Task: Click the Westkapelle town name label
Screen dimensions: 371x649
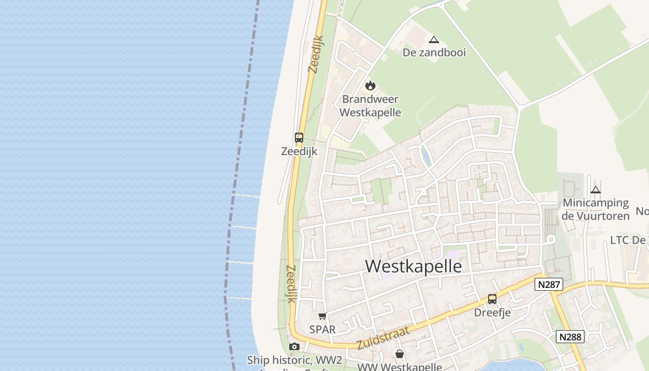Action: click(x=414, y=266)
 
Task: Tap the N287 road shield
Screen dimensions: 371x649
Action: click(x=549, y=284)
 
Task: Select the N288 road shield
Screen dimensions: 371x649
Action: click(x=570, y=337)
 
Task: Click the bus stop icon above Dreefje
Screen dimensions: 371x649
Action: click(x=492, y=299)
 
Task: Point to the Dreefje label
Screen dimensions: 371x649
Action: click(x=492, y=313)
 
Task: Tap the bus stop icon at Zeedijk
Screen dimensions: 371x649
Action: click(x=299, y=138)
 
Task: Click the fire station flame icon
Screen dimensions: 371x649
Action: click(x=370, y=85)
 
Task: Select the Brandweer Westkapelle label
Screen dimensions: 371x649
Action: click(x=370, y=106)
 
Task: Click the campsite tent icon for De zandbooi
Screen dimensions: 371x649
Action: click(x=433, y=40)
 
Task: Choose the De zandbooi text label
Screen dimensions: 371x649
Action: click(x=434, y=52)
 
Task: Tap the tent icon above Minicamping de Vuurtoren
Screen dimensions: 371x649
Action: click(x=596, y=190)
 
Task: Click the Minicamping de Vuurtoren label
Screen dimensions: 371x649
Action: click(x=596, y=209)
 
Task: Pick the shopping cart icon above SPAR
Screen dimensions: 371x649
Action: click(x=322, y=316)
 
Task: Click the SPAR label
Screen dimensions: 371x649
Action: click(x=322, y=329)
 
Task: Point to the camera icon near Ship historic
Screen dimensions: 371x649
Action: click(x=294, y=346)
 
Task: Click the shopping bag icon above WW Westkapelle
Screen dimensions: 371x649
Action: click(x=400, y=354)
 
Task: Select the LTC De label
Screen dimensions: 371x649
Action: click(x=628, y=240)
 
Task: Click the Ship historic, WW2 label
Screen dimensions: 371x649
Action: click(x=294, y=360)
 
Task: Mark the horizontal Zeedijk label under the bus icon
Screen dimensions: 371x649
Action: click(x=299, y=151)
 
